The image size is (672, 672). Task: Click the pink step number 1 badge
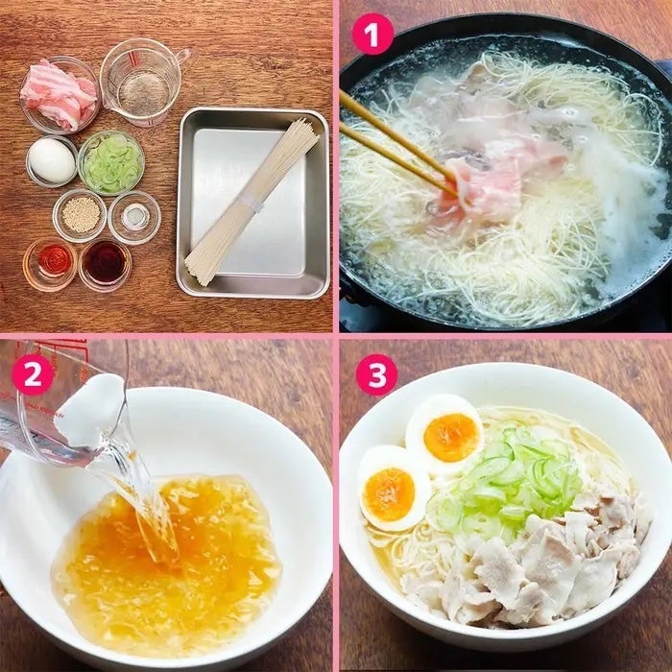tap(372, 35)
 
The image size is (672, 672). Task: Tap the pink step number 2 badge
tap(33, 374)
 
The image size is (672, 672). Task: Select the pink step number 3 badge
tap(376, 374)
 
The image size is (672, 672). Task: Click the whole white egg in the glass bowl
tap(52, 160)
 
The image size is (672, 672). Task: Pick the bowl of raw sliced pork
tap(60, 95)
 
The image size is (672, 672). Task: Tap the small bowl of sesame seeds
tap(80, 216)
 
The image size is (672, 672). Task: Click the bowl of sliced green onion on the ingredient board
tap(111, 163)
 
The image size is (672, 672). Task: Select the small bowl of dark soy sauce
tap(105, 264)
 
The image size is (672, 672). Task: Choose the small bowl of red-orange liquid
tap(51, 264)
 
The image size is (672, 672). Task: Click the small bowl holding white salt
tap(134, 217)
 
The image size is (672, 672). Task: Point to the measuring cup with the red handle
tap(144, 82)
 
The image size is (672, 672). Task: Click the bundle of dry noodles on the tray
tap(252, 201)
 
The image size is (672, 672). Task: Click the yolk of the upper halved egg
tap(451, 437)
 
